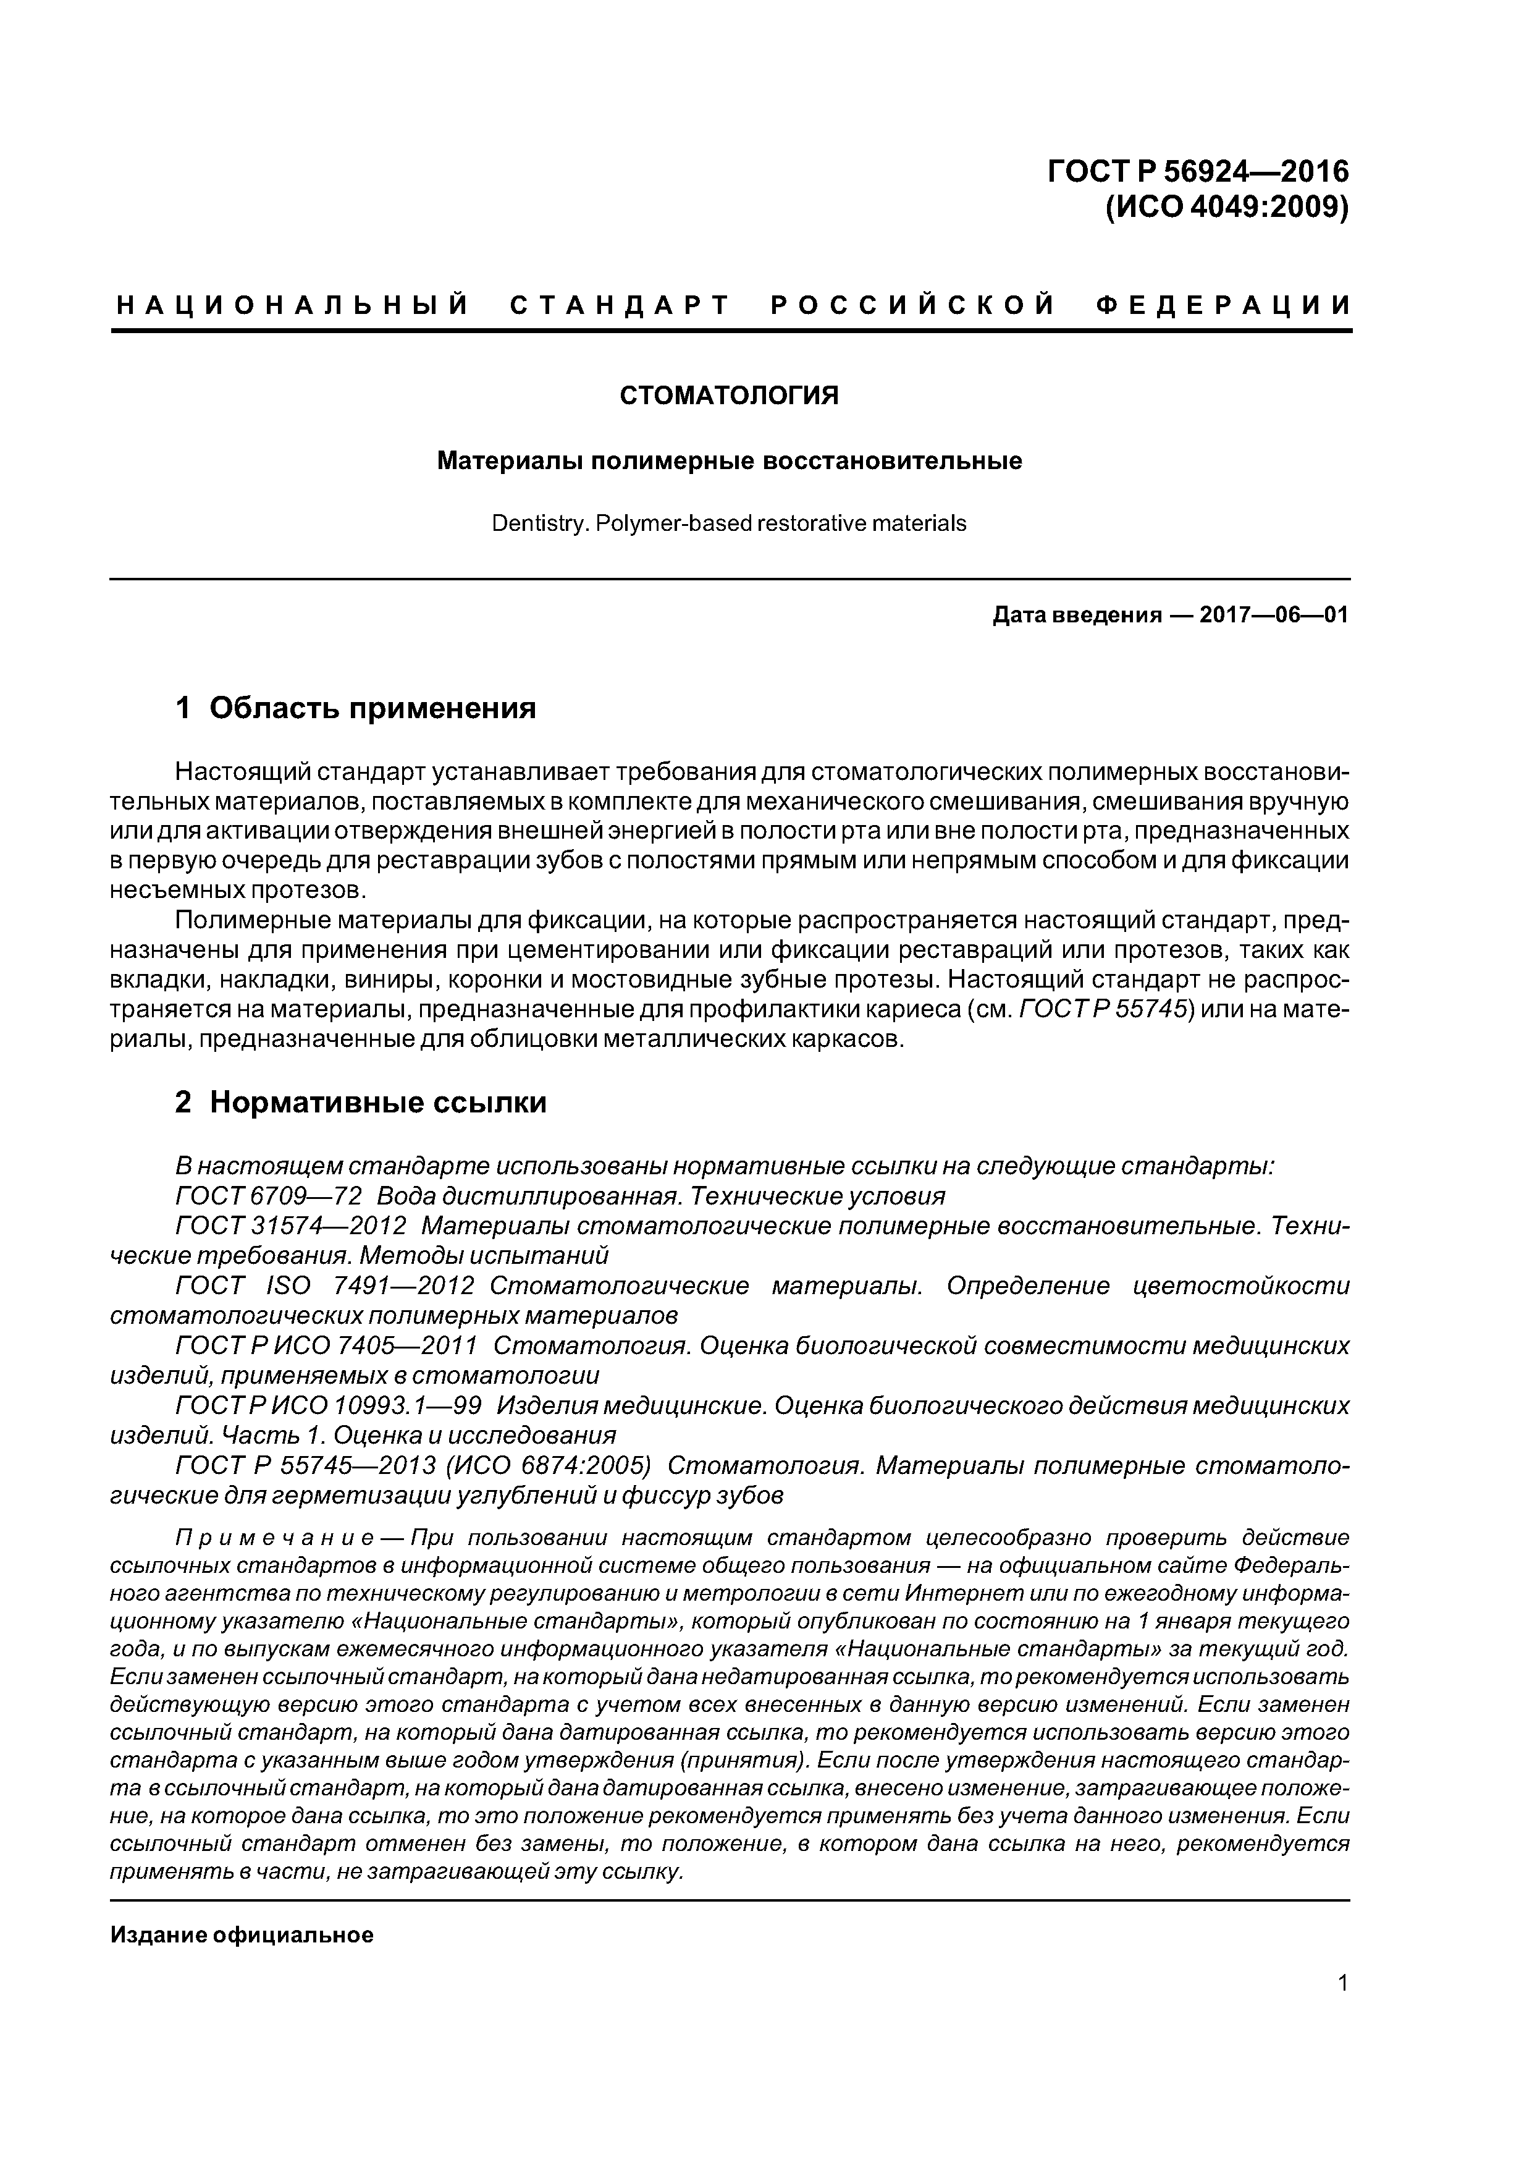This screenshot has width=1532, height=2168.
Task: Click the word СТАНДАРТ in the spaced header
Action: (x=620, y=305)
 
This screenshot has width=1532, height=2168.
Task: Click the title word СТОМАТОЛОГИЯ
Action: (x=729, y=396)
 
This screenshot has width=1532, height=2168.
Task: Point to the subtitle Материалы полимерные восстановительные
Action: (x=729, y=461)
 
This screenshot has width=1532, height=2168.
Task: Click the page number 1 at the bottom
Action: (x=1342, y=2009)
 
